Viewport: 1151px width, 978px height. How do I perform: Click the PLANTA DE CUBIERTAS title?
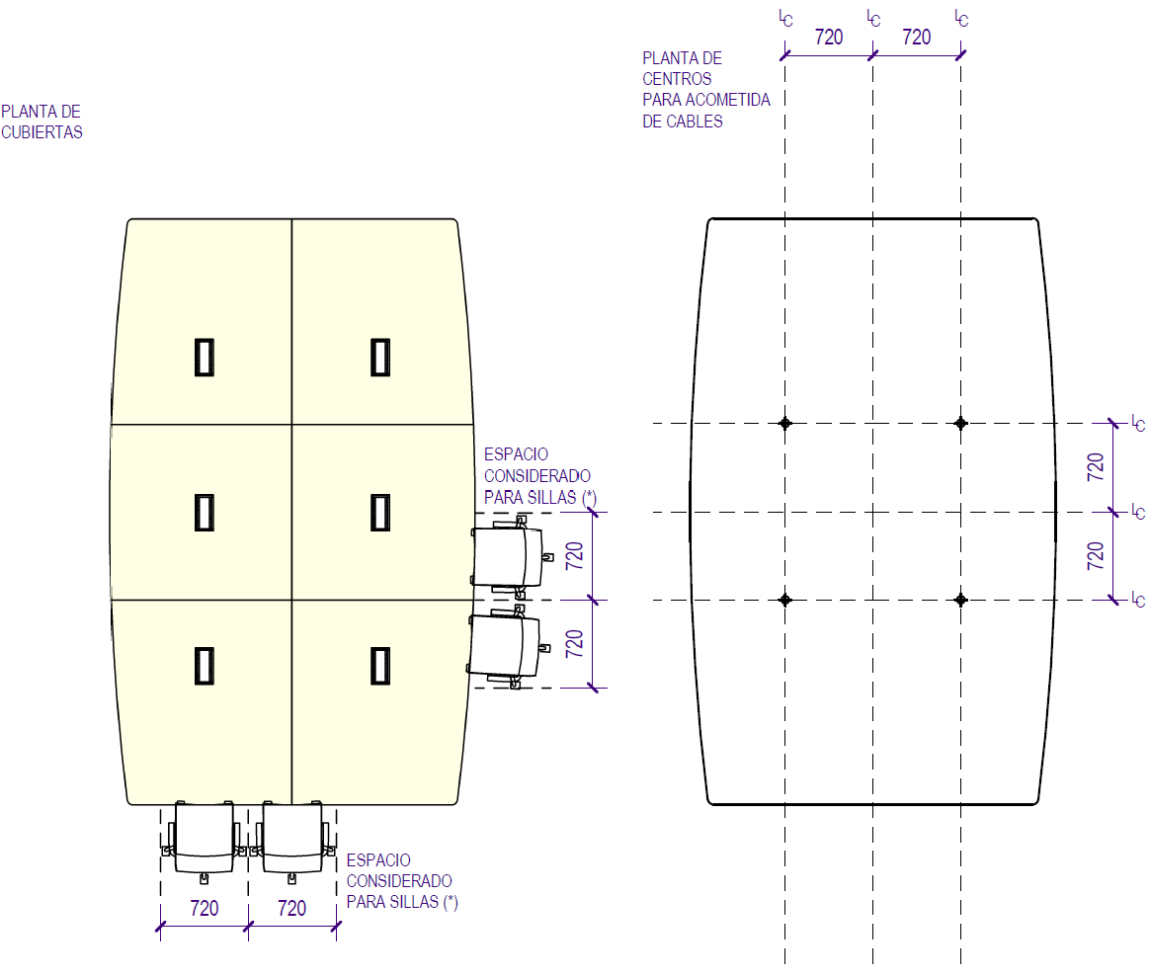point(41,122)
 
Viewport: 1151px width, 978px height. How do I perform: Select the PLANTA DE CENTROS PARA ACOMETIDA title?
point(705,90)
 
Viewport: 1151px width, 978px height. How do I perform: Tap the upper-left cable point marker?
point(785,423)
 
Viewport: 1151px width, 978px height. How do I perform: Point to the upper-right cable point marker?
point(960,423)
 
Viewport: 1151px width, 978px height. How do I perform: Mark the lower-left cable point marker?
point(785,600)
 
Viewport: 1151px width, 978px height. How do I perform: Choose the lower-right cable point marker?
point(960,600)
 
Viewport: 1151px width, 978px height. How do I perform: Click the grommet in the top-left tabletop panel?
point(205,357)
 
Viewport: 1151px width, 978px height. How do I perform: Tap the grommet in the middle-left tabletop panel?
point(205,512)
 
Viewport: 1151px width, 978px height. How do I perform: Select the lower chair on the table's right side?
point(506,648)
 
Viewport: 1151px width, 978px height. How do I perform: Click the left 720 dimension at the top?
point(828,38)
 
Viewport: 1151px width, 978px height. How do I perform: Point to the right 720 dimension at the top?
point(917,38)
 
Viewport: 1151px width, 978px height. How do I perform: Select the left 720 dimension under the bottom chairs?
point(204,908)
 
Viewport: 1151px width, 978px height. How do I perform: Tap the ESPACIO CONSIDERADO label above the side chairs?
point(539,476)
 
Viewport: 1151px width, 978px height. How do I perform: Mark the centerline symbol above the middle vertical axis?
point(873,17)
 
